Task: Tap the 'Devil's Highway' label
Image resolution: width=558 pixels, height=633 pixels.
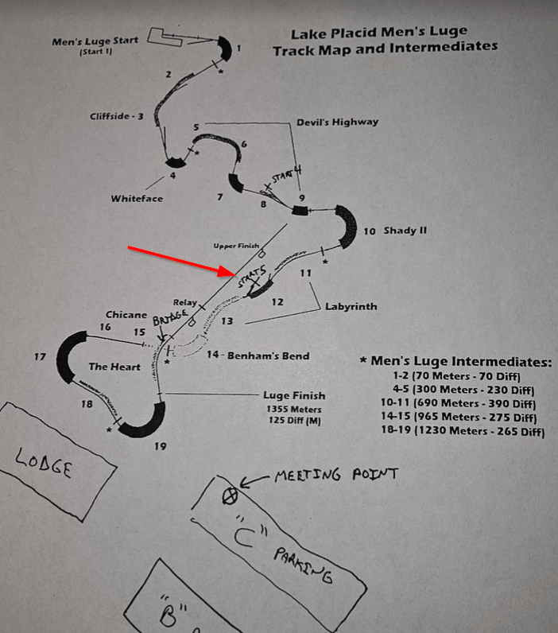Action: pos(337,122)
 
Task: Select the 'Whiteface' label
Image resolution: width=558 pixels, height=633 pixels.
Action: pos(137,198)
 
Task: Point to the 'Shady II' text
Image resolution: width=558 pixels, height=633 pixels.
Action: pos(405,231)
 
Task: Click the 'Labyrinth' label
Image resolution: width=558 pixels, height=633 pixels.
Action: pos(350,306)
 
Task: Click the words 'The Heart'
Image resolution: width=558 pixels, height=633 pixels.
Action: pos(114,367)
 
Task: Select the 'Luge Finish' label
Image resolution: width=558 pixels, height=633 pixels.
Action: pos(294,395)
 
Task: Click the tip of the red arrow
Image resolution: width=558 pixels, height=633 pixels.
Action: pos(235,274)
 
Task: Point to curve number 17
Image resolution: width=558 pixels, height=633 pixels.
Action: pos(40,357)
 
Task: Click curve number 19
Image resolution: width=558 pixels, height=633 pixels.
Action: pos(161,446)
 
